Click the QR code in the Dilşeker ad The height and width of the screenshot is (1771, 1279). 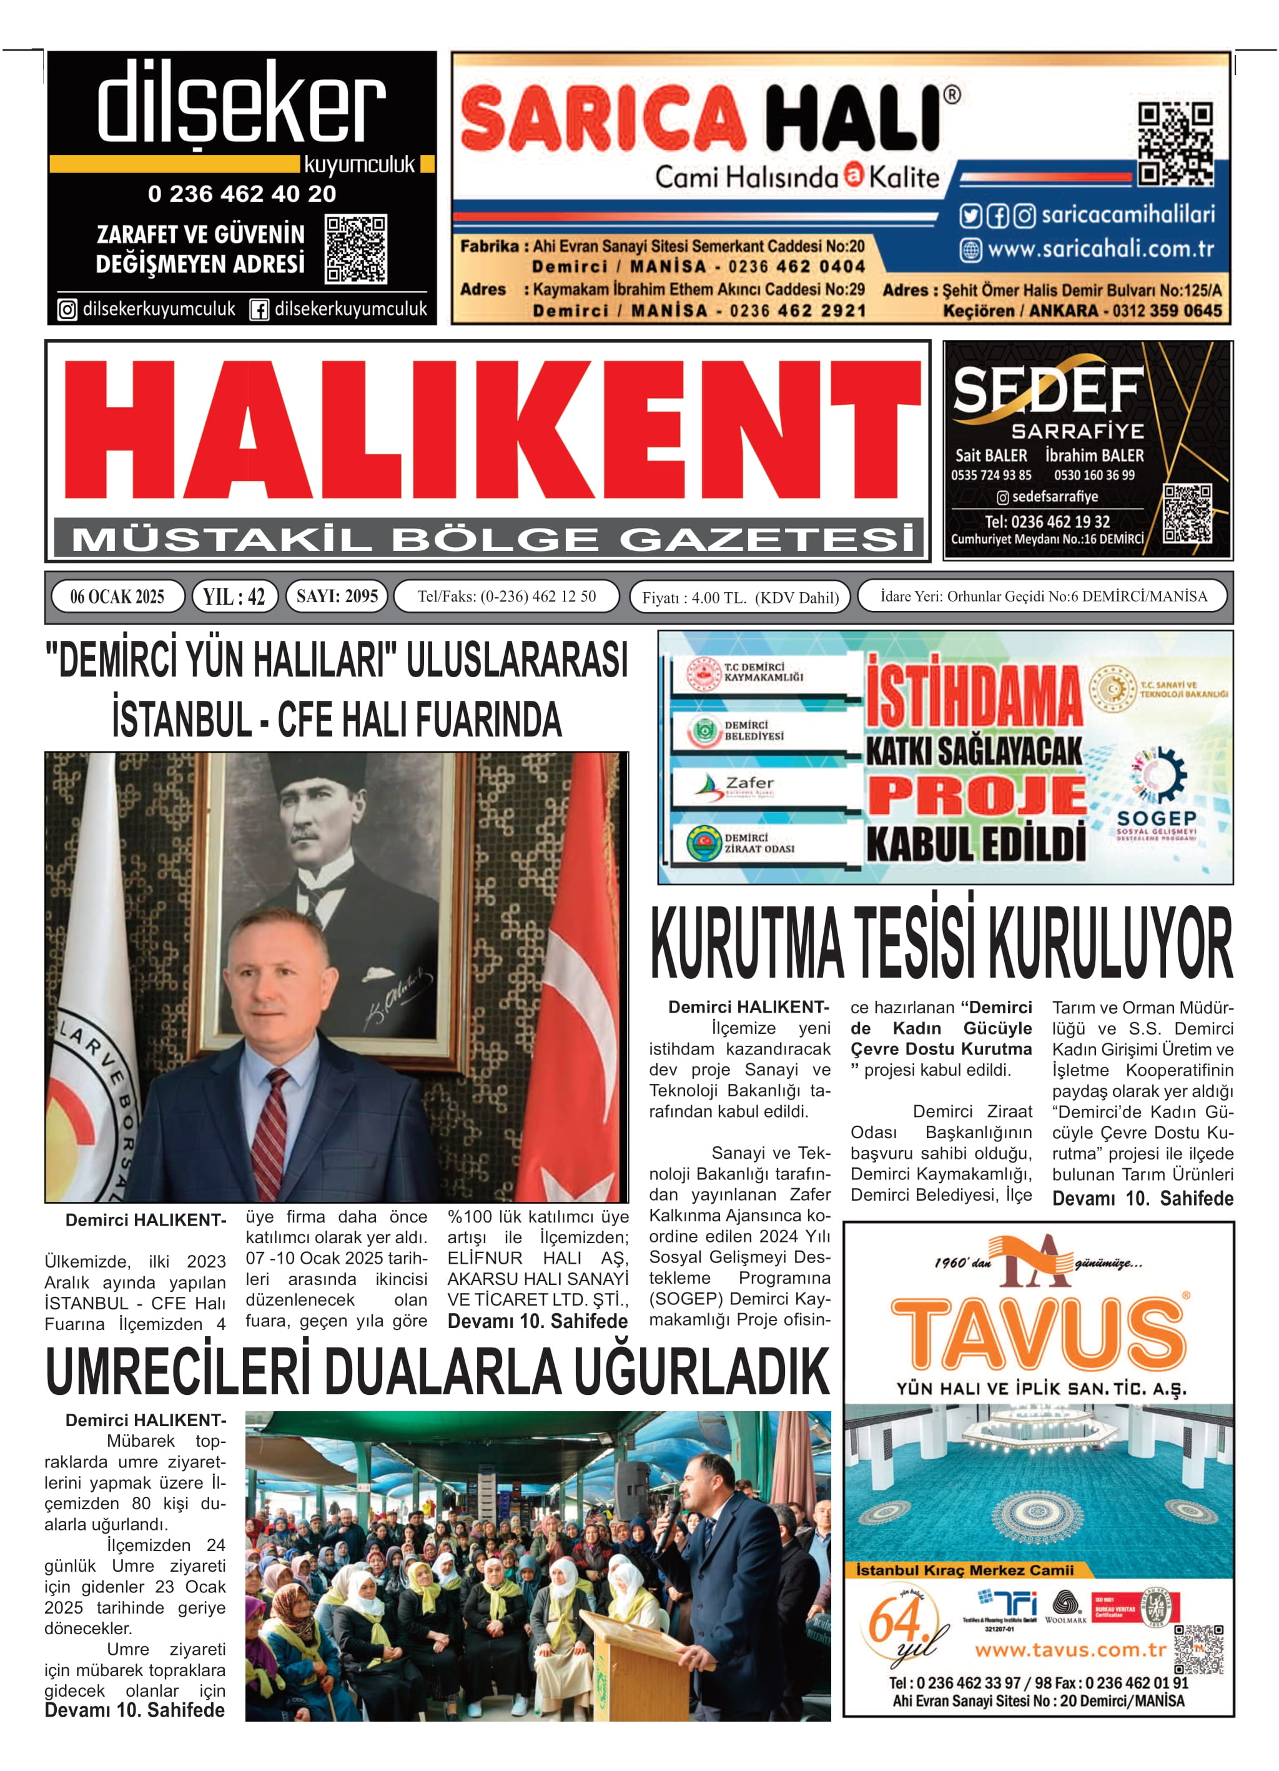click(356, 249)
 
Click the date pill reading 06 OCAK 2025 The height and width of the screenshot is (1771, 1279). click(117, 597)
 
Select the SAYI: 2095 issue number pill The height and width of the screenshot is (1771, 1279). click(337, 597)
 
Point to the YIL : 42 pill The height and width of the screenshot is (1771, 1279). click(234, 597)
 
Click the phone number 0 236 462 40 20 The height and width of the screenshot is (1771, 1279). click(242, 194)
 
